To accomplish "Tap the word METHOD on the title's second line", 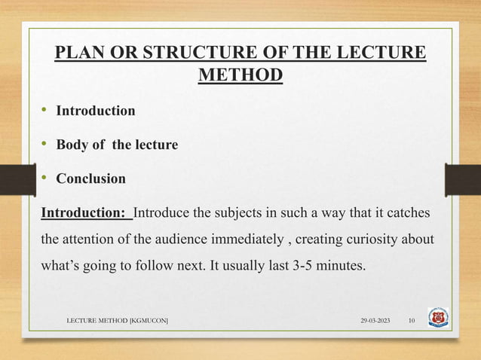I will pos(240,76).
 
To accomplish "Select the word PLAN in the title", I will pos(78,55).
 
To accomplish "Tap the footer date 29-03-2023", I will pos(374,322).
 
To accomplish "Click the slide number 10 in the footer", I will pos(412,322).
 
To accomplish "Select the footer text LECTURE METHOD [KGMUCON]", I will pos(118,322).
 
